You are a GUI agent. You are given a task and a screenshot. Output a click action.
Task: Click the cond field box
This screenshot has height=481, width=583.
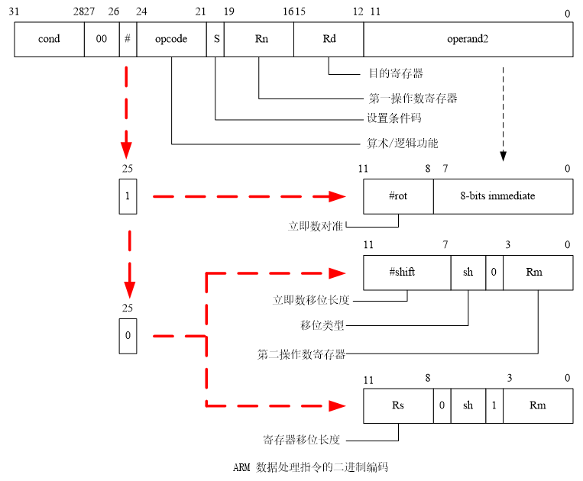pos(49,39)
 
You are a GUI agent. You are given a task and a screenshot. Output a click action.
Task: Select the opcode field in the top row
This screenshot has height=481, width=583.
pos(171,39)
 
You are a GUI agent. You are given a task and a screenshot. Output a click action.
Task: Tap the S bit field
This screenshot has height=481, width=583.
pos(216,39)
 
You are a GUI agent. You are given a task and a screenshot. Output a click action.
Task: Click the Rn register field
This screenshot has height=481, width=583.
pos(259,39)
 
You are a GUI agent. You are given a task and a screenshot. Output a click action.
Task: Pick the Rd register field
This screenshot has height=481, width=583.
pos(329,39)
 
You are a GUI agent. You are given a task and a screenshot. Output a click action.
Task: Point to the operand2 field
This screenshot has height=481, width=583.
pos(468,39)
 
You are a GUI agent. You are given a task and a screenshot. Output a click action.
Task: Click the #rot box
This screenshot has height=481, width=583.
pos(398,196)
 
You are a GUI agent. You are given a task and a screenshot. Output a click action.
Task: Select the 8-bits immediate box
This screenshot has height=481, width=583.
pos(503,196)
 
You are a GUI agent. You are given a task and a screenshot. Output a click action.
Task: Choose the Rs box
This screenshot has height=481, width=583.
pos(398,405)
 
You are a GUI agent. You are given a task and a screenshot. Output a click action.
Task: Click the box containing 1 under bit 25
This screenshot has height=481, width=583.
pos(128,196)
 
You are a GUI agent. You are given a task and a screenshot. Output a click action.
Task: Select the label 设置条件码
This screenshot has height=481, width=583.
pos(394,118)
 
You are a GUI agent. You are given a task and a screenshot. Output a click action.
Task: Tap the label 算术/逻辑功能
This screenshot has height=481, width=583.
pos(403,143)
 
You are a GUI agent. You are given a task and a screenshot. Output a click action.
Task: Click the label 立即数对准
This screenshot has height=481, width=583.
pos(315,226)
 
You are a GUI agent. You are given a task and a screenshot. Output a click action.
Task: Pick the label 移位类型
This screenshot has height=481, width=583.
pos(322,325)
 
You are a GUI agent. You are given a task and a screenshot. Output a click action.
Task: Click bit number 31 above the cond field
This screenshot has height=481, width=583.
pos(15,12)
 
